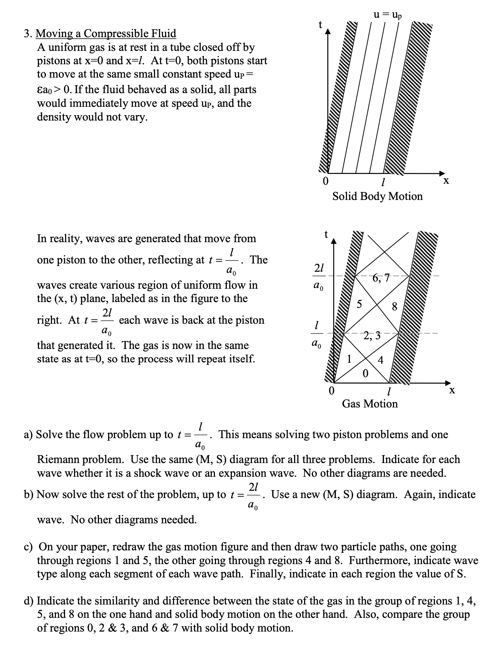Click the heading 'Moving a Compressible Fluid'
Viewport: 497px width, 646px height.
click(x=106, y=34)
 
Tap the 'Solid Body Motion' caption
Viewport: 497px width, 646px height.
click(x=377, y=196)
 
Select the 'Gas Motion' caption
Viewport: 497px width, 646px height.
click(x=369, y=403)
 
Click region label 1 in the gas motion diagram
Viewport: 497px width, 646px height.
click(x=349, y=359)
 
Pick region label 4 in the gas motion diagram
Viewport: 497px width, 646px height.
click(x=380, y=360)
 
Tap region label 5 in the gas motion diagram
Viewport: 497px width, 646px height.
click(x=359, y=304)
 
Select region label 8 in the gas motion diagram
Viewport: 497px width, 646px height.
click(x=394, y=307)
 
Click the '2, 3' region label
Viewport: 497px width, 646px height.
click(x=372, y=336)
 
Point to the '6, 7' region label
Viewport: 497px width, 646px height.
click(x=381, y=278)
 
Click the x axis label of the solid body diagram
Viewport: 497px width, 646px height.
click(x=446, y=180)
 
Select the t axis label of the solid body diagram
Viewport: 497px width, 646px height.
click(x=320, y=25)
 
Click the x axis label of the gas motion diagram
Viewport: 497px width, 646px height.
click(x=452, y=390)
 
